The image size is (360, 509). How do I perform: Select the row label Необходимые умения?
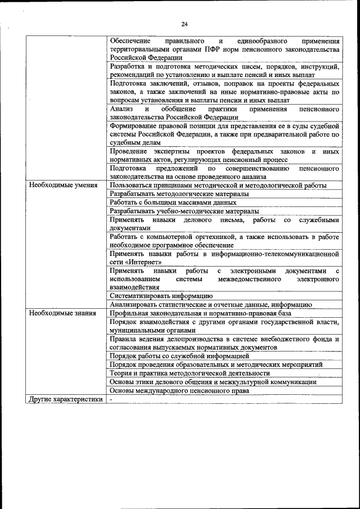(63, 185)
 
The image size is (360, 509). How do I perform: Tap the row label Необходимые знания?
(62, 313)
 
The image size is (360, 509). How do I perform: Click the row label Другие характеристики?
(65, 399)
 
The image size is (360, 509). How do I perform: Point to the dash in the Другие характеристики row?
(111, 399)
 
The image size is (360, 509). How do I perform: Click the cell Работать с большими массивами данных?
(173, 202)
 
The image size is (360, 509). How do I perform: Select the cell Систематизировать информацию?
(161, 295)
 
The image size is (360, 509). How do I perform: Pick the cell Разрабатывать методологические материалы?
(179, 193)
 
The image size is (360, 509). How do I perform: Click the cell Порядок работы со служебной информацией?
(179, 356)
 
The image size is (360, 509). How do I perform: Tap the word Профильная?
(130, 313)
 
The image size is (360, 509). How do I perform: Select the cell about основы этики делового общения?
(213, 382)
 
